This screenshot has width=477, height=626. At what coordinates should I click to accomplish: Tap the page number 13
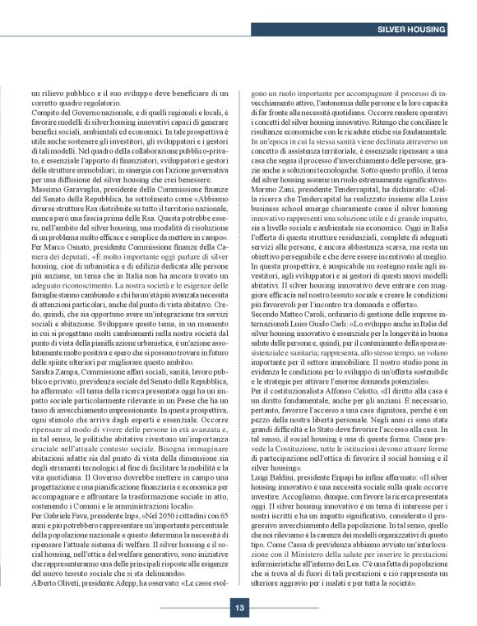pos(238,584)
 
